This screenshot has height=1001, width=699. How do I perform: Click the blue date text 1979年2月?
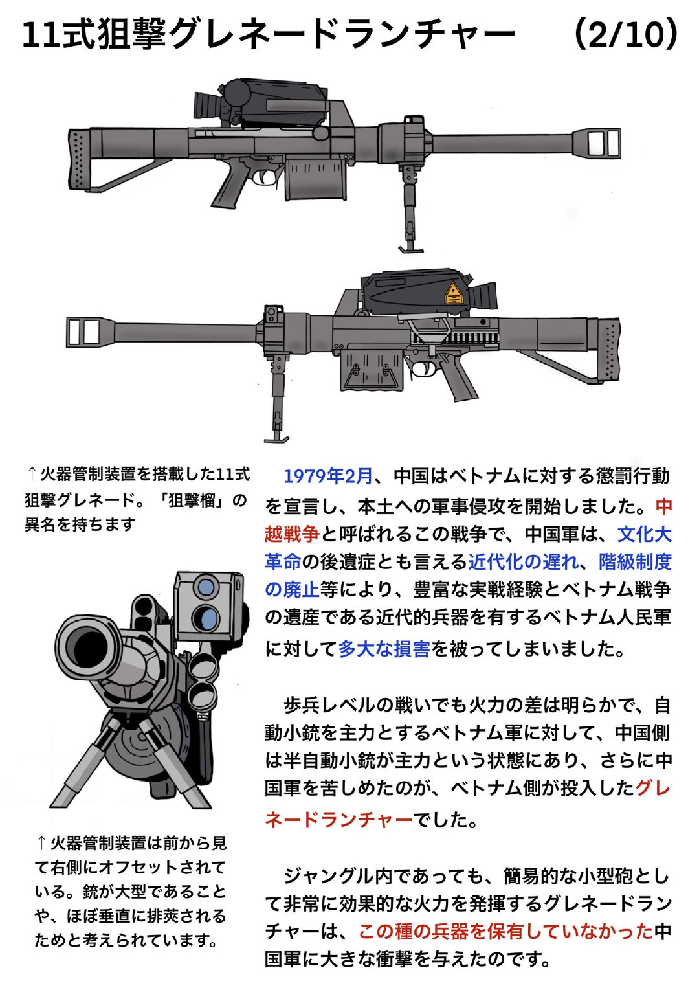(x=328, y=477)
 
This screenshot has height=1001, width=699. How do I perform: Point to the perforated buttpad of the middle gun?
(x=608, y=354)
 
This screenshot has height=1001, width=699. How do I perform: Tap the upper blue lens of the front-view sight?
(x=206, y=587)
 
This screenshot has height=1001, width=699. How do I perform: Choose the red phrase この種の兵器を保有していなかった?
(x=505, y=931)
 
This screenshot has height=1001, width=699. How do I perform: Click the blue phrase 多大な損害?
(x=384, y=648)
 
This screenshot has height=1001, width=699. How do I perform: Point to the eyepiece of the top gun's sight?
(x=206, y=106)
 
